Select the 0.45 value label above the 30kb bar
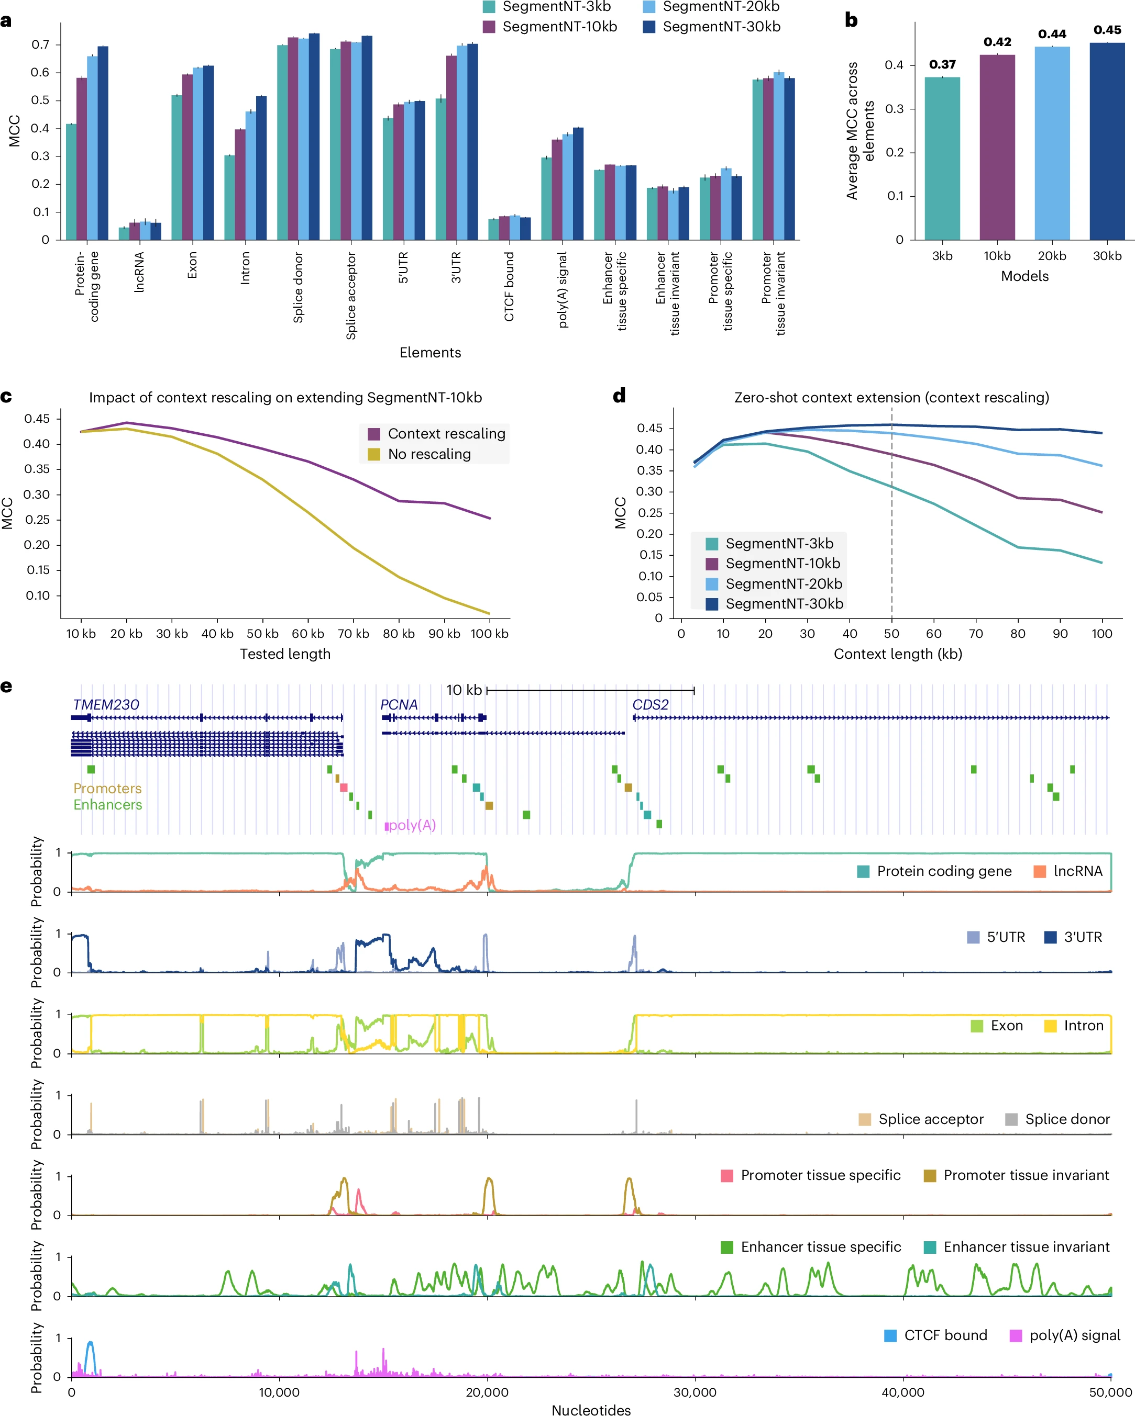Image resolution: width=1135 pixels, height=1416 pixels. tap(1107, 30)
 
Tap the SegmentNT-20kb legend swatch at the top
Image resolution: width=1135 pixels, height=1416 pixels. tap(648, 7)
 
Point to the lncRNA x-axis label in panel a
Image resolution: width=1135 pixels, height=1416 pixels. tap(139, 273)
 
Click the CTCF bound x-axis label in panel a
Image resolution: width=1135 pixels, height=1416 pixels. tap(509, 287)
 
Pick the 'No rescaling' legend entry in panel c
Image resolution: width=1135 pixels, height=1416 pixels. tap(428, 454)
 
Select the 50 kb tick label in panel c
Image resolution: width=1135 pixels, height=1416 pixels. tap(262, 634)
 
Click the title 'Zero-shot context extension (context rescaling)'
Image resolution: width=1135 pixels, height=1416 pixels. tap(891, 397)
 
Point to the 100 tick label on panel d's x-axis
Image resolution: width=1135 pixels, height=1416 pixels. tap(1101, 634)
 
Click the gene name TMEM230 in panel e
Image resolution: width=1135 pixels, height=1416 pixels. tap(106, 705)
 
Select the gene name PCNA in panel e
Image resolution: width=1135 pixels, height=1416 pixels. tap(399, 705)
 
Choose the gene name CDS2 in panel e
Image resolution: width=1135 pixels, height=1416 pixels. tap(650, 705)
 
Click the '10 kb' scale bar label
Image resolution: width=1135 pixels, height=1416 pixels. tap(464, 690)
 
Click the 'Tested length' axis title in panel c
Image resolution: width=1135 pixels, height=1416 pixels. tap(285, 654)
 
